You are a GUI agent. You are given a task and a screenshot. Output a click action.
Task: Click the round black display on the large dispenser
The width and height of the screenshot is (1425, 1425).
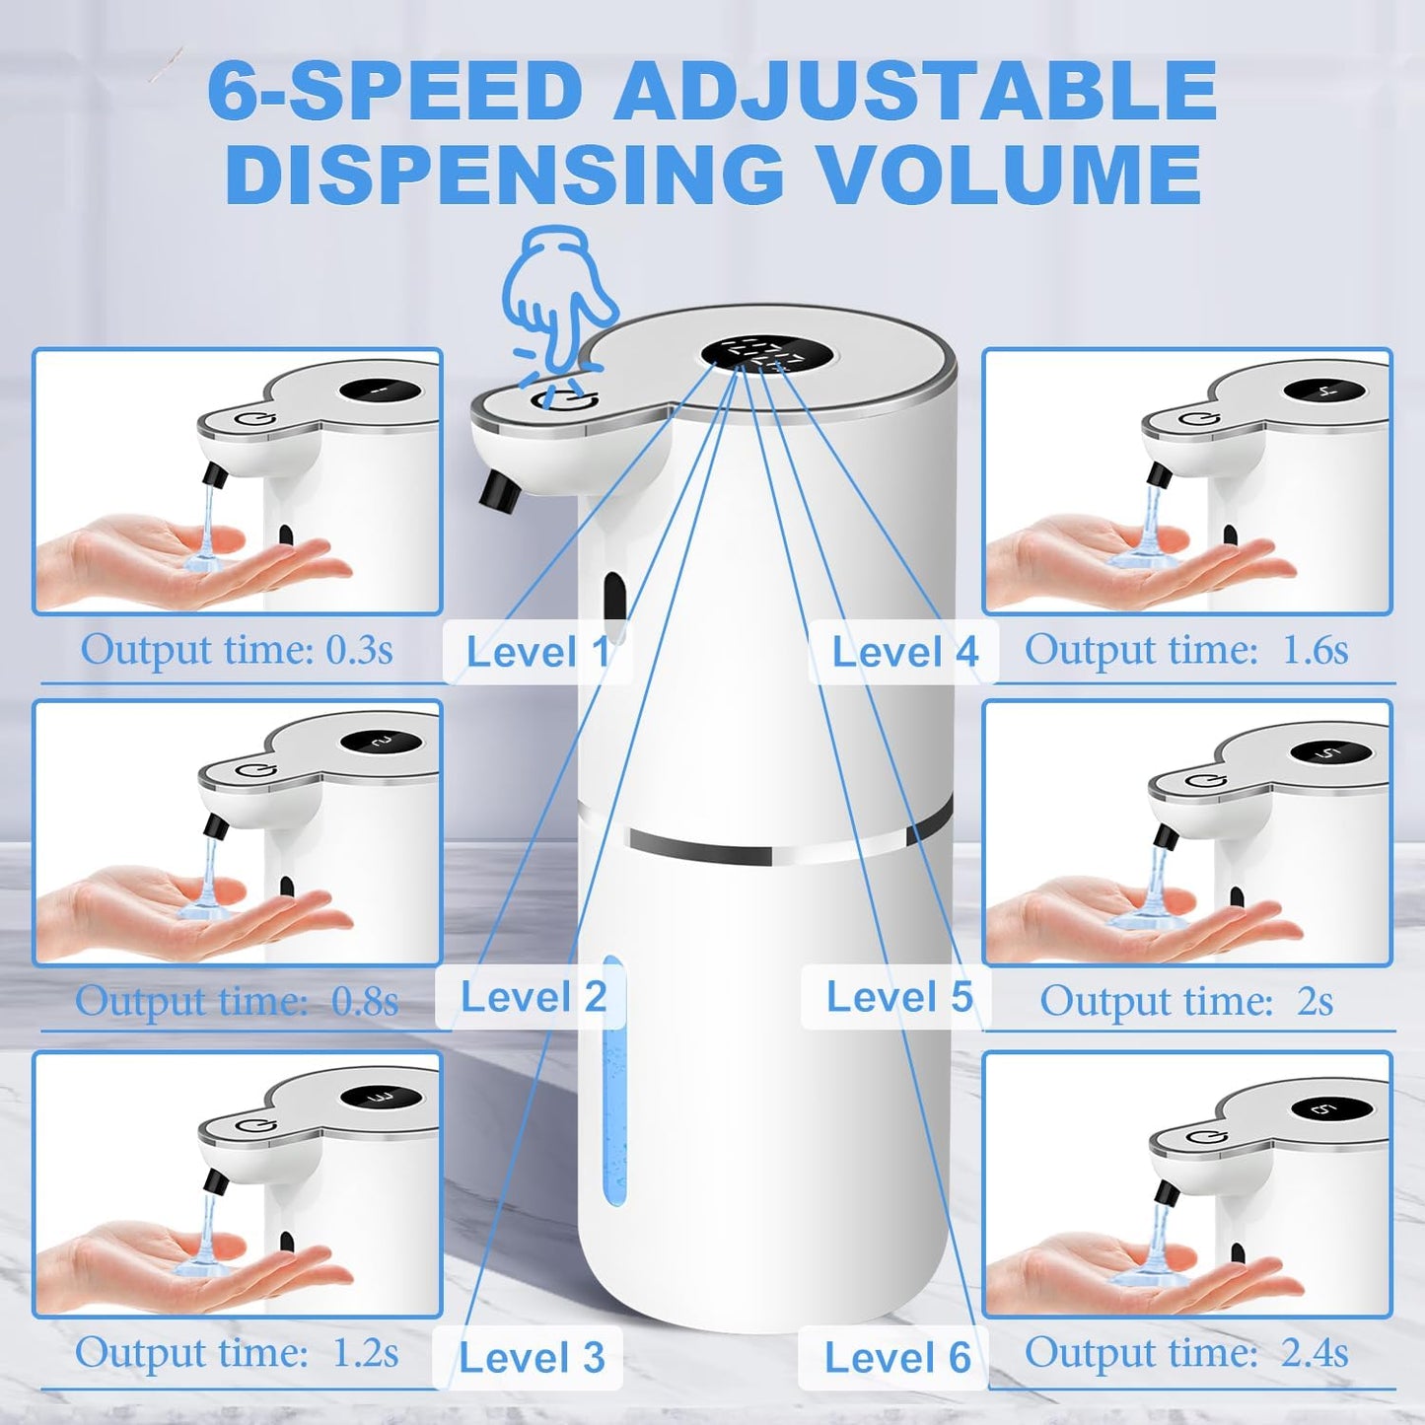(x=764, y=356)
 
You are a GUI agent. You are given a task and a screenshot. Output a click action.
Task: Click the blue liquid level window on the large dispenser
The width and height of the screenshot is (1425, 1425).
(x=612, y=1080)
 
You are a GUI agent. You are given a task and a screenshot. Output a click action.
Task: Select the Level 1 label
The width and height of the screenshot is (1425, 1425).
(x=537, y=652)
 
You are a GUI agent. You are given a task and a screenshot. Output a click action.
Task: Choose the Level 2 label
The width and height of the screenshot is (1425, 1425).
(x=533, y=997)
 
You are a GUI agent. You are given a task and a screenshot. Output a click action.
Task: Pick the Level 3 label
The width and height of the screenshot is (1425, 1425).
(x=532, y=1358)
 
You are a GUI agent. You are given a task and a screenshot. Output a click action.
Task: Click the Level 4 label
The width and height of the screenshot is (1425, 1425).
(x=904, y=652)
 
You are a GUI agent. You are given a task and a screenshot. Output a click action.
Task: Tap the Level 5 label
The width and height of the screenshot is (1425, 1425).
(x=898, y=997)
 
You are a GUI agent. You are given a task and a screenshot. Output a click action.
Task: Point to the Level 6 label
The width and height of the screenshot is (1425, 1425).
(x=897, y=1358)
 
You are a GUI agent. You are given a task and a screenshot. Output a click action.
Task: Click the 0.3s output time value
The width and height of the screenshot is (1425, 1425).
(x=360, y=650)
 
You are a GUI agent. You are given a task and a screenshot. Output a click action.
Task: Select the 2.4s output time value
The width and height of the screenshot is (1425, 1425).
(x=1315, y=1352)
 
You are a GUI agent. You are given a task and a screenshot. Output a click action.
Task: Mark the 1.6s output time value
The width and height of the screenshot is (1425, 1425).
(x=1315, y=650)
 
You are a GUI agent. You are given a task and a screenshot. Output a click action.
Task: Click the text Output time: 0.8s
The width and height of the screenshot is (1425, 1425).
(x=237, y=1001)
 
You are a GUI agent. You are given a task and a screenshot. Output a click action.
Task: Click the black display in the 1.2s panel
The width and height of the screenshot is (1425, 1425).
(x=380, y=1098)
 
